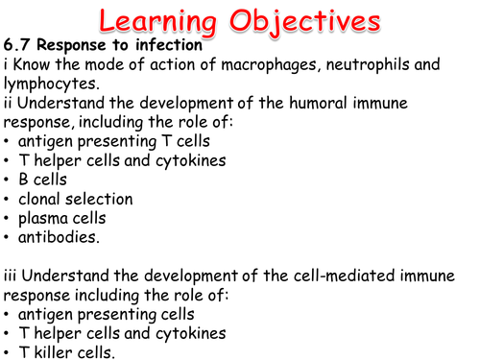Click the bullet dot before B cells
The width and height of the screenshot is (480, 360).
click(x=9, y=180)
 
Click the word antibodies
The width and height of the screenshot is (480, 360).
click(x=60, y=236)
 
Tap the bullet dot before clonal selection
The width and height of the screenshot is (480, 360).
click(x=9, y=199)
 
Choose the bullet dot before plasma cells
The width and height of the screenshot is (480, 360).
click(x=9, y=218)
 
